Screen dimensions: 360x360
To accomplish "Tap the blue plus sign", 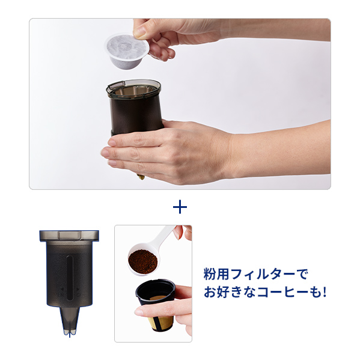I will pos(180,207).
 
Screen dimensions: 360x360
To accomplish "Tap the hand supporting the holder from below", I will pos(162,147).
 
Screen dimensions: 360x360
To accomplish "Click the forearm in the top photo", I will pos(282,147).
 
